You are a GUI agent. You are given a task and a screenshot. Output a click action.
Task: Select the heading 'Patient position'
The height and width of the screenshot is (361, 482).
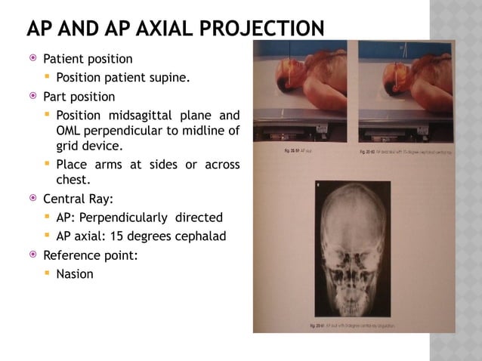tap(88, 59)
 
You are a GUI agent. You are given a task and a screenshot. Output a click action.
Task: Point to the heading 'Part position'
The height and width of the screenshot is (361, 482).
tap(79, 97)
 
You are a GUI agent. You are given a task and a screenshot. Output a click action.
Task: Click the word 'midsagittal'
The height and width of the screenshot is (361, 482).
tap(144, 116)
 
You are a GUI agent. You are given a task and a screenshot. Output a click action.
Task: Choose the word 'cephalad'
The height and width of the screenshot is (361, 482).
tap(199, 236)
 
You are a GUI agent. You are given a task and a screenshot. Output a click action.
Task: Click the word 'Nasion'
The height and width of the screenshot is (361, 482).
tap(75, 274)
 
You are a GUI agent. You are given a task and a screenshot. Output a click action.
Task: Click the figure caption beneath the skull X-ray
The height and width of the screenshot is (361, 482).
tap(354, 325)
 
